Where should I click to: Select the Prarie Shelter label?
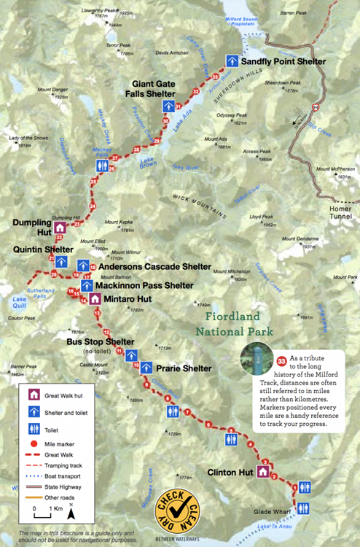click(x=182, y=368)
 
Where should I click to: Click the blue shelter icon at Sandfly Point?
click(x=232, y=61)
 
